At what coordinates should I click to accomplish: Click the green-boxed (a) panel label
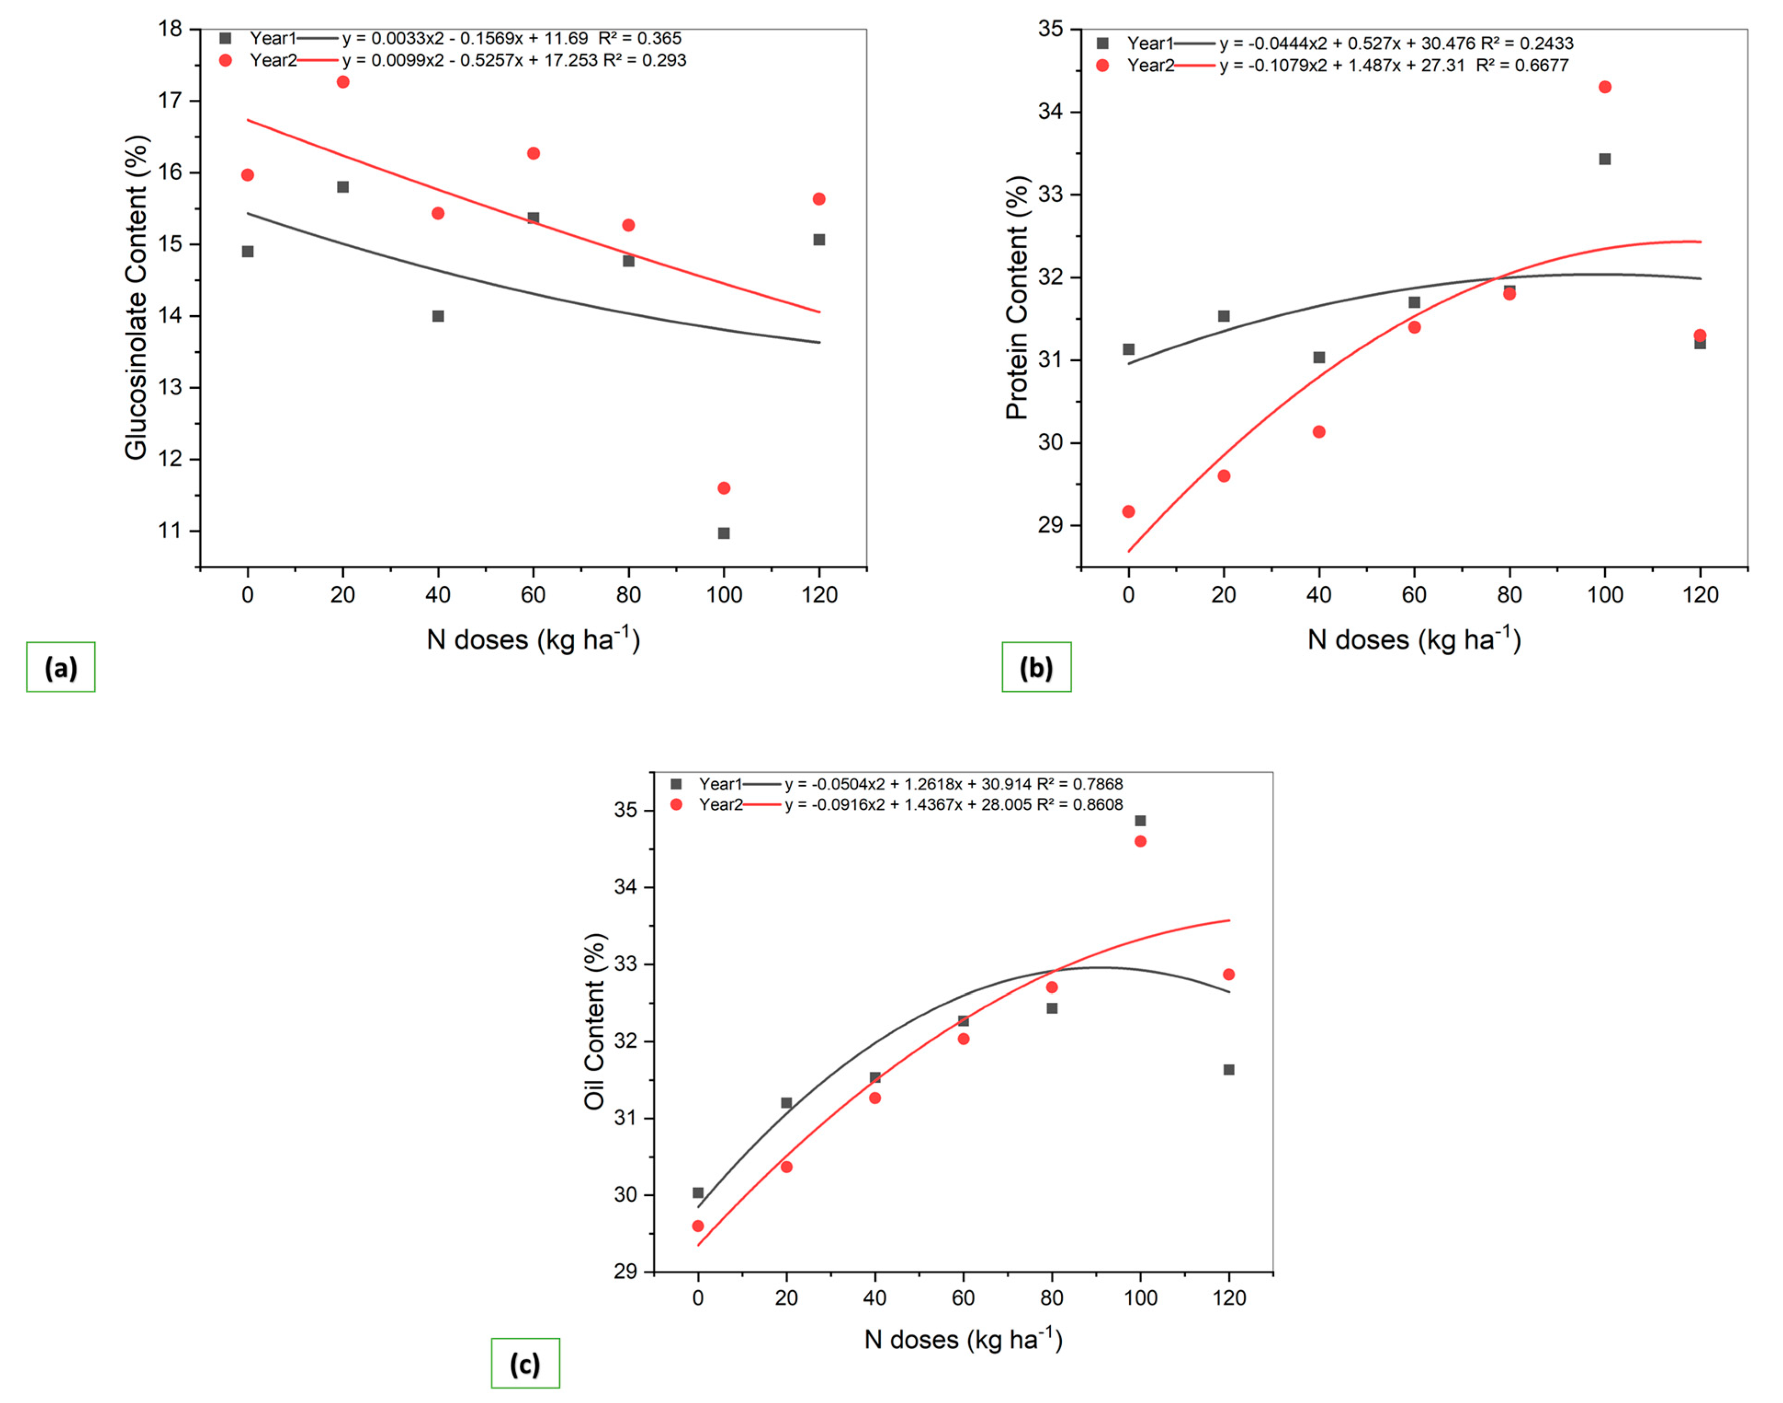pos(61,667)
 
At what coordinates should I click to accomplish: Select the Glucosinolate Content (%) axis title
pos(136,297)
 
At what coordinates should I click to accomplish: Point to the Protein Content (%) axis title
pos(1017,297)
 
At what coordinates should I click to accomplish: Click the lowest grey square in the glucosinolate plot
pos(724,533)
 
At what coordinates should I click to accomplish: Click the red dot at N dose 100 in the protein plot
pos(1605,87)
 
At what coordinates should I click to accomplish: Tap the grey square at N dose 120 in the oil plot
pos(1228,1069)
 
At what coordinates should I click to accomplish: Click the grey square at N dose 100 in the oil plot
pos(1140,821)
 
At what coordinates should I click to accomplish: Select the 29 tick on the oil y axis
pos(626,1272)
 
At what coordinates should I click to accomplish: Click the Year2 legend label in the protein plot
pos(1150,66)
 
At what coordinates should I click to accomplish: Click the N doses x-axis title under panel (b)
pos(1414,639)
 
